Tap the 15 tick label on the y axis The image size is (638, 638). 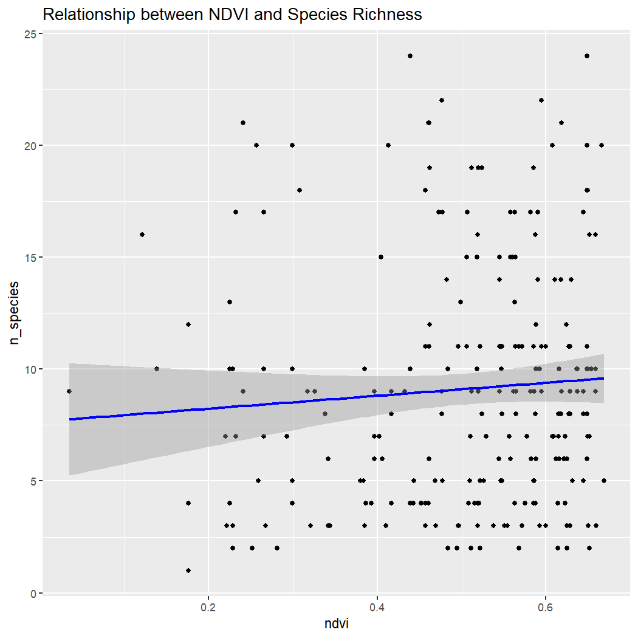pyautogui.click(x=29, y=257)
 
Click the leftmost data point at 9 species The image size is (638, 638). pyautogui.click(x=69, y=391)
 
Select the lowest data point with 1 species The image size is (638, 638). pyautogui.click(x=188, y=571)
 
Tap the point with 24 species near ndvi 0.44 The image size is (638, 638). pyautogui.click(x=410, y=56)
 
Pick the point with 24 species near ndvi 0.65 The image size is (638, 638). pyautogui.click(x=587, y=56)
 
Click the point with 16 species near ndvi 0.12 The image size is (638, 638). pyautogui.click(x=142, y=235)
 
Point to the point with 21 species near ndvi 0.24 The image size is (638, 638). pyautogui.click(x=243, y=123)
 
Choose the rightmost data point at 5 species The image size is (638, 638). pyautogui.click(x=604, y=481)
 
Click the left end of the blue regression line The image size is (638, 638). pyautogui.click(x=70, y=419)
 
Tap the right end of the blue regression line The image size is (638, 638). pyautogui.click(x=603, y=378)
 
